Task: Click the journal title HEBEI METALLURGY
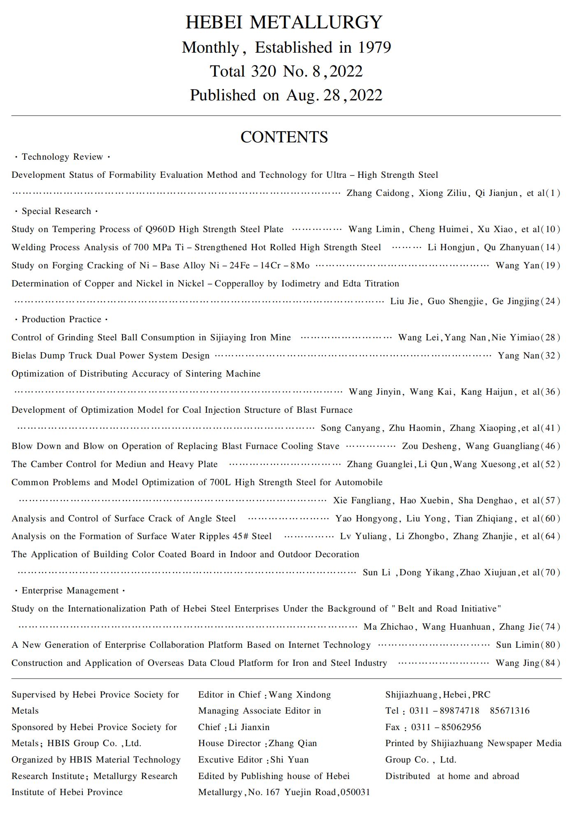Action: click(x=284, y=22)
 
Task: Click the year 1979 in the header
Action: click(x=374, y=48)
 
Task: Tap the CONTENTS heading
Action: click(x=284, y=137)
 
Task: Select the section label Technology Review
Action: click(x=62, y=157)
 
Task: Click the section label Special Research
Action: click(x=56, y=211)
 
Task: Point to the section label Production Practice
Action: click(x=61, y=319)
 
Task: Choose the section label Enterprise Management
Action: click(x=70, y=591)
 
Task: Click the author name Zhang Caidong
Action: click(x=378, y=193)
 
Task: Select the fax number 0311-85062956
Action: click(x=446, y=727)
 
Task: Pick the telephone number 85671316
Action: click(x=510, y=711)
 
